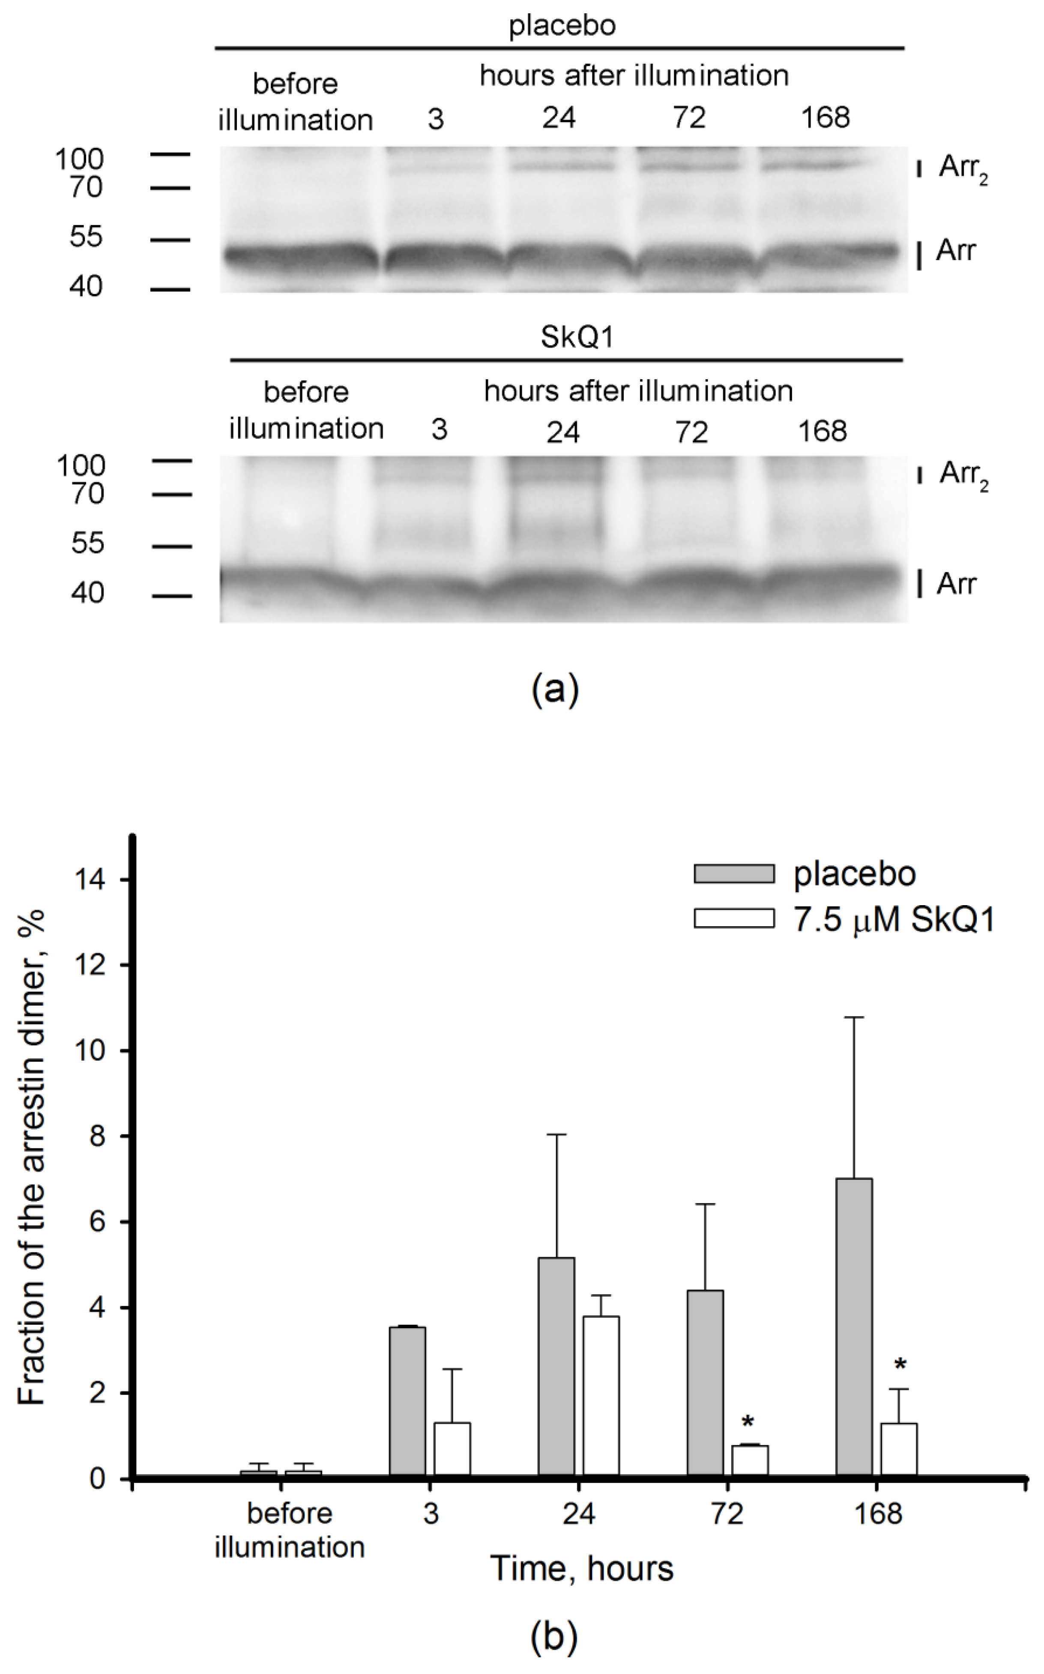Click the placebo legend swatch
tap(733, 873)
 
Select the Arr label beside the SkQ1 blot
tap(956, 584)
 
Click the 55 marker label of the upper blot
tap(86, 237)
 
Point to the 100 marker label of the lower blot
tap(81, 466)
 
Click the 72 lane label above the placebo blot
tap(688, 118)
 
